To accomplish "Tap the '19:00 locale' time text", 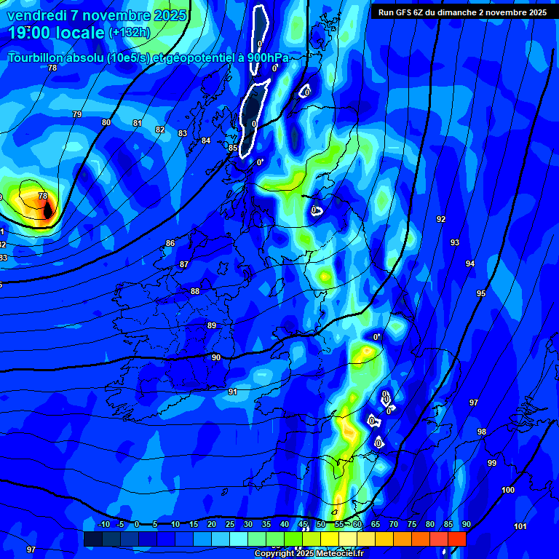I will coord(56,32).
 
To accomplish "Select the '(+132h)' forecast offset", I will coord(130,33).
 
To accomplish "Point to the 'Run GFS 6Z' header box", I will coord(463,12).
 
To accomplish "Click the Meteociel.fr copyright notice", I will coord(309,553).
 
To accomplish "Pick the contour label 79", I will coord(77,114).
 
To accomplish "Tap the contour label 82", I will coord(160,130).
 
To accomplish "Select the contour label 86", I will coord(170,243).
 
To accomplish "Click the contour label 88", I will coord(195,291).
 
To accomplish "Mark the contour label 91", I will coord(233,392).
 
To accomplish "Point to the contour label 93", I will coord(455,242).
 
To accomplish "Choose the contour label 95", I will coord(481,293).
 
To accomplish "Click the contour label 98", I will coord(482,432).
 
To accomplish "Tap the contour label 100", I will coord(508,490).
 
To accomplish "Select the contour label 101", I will coord(520,526).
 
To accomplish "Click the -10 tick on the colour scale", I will coord(103,524).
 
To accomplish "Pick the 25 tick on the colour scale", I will coord(230,524).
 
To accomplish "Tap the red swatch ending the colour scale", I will coord(457,539).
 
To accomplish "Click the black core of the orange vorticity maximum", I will coord(48,211).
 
